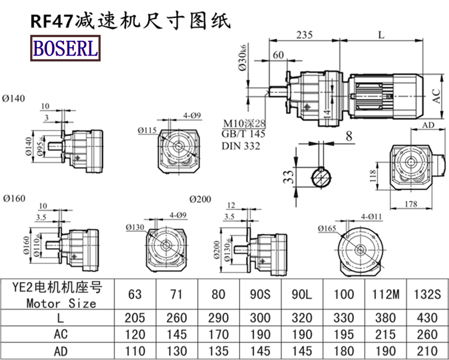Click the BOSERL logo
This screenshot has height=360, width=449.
click(x=65, y=49)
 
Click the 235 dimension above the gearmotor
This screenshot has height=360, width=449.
click(x=304, y=35)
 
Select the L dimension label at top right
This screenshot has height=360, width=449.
click(x=381, y=35)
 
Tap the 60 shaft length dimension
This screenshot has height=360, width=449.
click(x=278, y=55)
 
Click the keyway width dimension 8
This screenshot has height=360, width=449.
click(x=349, y=135)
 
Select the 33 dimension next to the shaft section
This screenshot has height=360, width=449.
click(x=288, y=178)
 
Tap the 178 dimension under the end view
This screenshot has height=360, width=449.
click(x=411, y=205)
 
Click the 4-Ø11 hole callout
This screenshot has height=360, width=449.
click(x=372, y=216)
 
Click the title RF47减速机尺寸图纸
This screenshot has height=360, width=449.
click(x=130, y=21)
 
